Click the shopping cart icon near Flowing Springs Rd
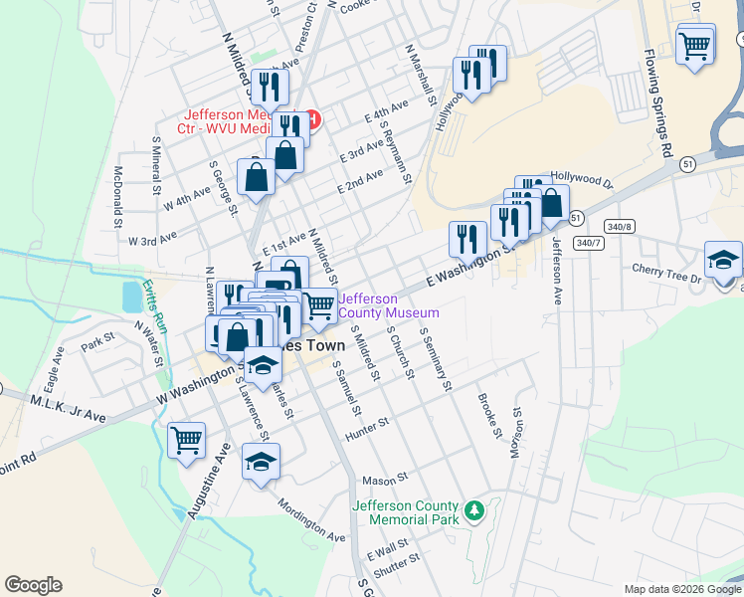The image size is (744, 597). click(694, 45)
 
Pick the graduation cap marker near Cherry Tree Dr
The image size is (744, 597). click(723, 262)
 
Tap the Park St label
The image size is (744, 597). click(98, 343)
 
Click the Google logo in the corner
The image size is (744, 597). click(33, 585)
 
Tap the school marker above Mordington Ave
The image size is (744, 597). click(261, 463)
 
